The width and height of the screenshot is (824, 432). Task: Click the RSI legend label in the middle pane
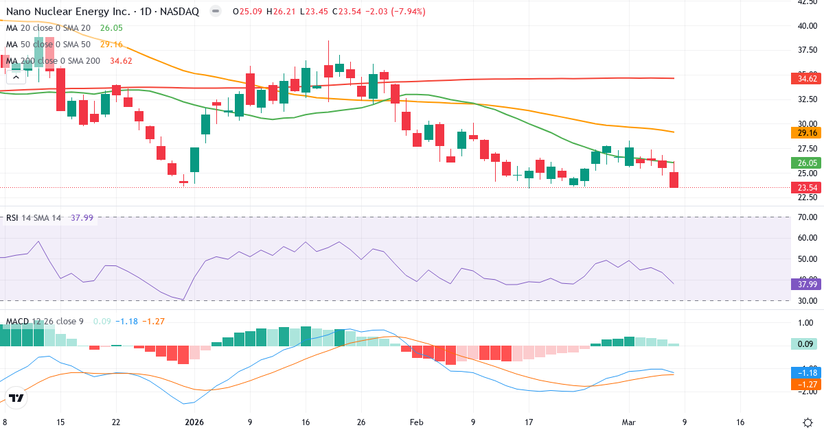pyautogui.click(x=12, y=218)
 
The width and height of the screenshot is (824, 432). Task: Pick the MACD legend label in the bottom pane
pyautogui.click(x=17, y=321)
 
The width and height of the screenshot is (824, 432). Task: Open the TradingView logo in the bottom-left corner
pyautogui.click(x=17, y=398)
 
